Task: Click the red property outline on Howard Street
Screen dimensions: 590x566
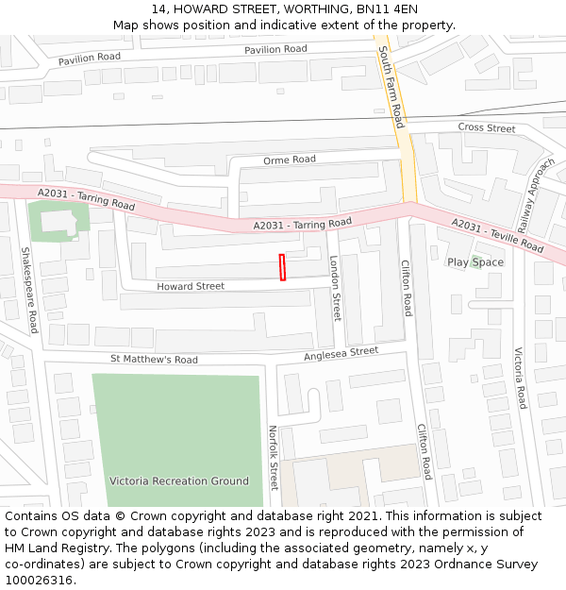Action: click(282, 267)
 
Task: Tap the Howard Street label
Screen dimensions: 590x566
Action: click(191, 286)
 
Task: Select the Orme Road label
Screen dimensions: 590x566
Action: click(290, 160)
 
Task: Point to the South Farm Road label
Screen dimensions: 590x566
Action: click(391, 90)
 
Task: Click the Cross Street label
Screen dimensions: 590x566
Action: click(487, 127)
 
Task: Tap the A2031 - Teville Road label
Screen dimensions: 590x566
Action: click(497, 235)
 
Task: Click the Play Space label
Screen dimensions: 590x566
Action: click(475, 262)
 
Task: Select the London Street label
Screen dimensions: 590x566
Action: click(335, 287)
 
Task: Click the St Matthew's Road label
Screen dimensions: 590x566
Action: click(154, 360)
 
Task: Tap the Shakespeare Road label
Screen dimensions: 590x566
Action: click(29, 290)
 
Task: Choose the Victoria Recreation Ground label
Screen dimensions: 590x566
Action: click(179, 480)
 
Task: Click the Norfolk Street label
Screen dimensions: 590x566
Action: click(274, 457)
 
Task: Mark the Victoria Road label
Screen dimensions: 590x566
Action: click(520, 378)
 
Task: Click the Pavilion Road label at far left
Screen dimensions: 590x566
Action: click(90, 59)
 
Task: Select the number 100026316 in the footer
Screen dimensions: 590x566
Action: click(39, 580)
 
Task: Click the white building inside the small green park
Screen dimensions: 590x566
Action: click(55, 223)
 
